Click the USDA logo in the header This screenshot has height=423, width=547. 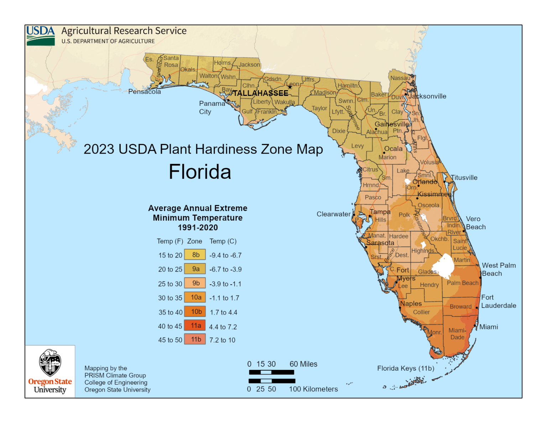(41, 36)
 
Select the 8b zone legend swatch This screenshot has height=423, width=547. (195, 255)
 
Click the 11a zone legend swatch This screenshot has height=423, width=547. (195, 326)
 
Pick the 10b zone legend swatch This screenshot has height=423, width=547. (195, 312)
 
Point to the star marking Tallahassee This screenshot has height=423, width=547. (290, 87)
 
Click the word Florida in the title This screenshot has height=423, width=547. (200, 172)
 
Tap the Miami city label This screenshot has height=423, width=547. (489, 327)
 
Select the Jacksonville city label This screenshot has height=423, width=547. (427, 96)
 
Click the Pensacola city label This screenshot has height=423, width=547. (145, 92)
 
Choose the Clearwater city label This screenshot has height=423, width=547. (333, 214)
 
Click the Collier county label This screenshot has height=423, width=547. (421, 312)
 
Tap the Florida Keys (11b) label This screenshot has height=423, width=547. (406, 368)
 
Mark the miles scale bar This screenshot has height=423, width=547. (271, 372)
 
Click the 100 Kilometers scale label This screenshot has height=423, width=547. (313, 389)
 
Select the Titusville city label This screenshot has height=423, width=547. (464, 178)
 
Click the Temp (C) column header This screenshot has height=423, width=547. (223, 241)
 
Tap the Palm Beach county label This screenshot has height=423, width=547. (463, 283)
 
